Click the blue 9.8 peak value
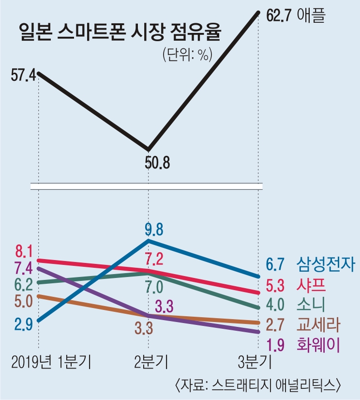coord(157,228)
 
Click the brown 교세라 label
coord(319,324)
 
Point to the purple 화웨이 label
coord(319,344)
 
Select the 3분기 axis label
coord(256,362)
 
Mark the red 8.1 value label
coord(23,252)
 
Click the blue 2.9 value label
coord(24,324)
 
